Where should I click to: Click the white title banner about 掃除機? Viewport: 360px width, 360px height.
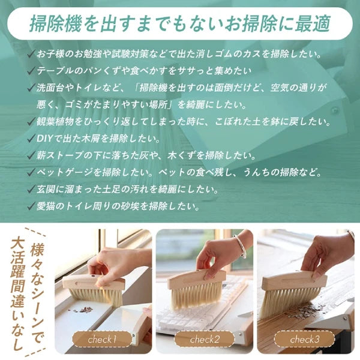[x=180, y=24]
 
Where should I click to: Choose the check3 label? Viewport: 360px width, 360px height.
[x=305, y=340]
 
